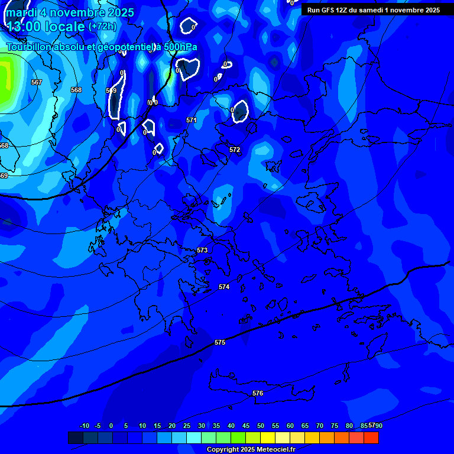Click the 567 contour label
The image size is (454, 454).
coord(37,82)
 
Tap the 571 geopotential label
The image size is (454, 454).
coord(192,120)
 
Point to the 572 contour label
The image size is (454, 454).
coord(235,150)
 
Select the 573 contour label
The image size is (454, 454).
coord(202,250)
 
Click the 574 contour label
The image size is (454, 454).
coord(223,287)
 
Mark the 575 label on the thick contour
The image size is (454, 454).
coord(220,342)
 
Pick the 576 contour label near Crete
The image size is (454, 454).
coord(258,393)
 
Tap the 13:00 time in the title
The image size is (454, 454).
coord(24,27)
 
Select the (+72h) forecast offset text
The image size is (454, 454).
coord(102,27)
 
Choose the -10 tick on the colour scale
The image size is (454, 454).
coord(84,426)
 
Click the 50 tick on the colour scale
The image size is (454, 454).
coord(261,426)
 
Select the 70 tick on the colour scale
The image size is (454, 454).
coord(320,426)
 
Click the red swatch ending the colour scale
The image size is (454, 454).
coord(371,438)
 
